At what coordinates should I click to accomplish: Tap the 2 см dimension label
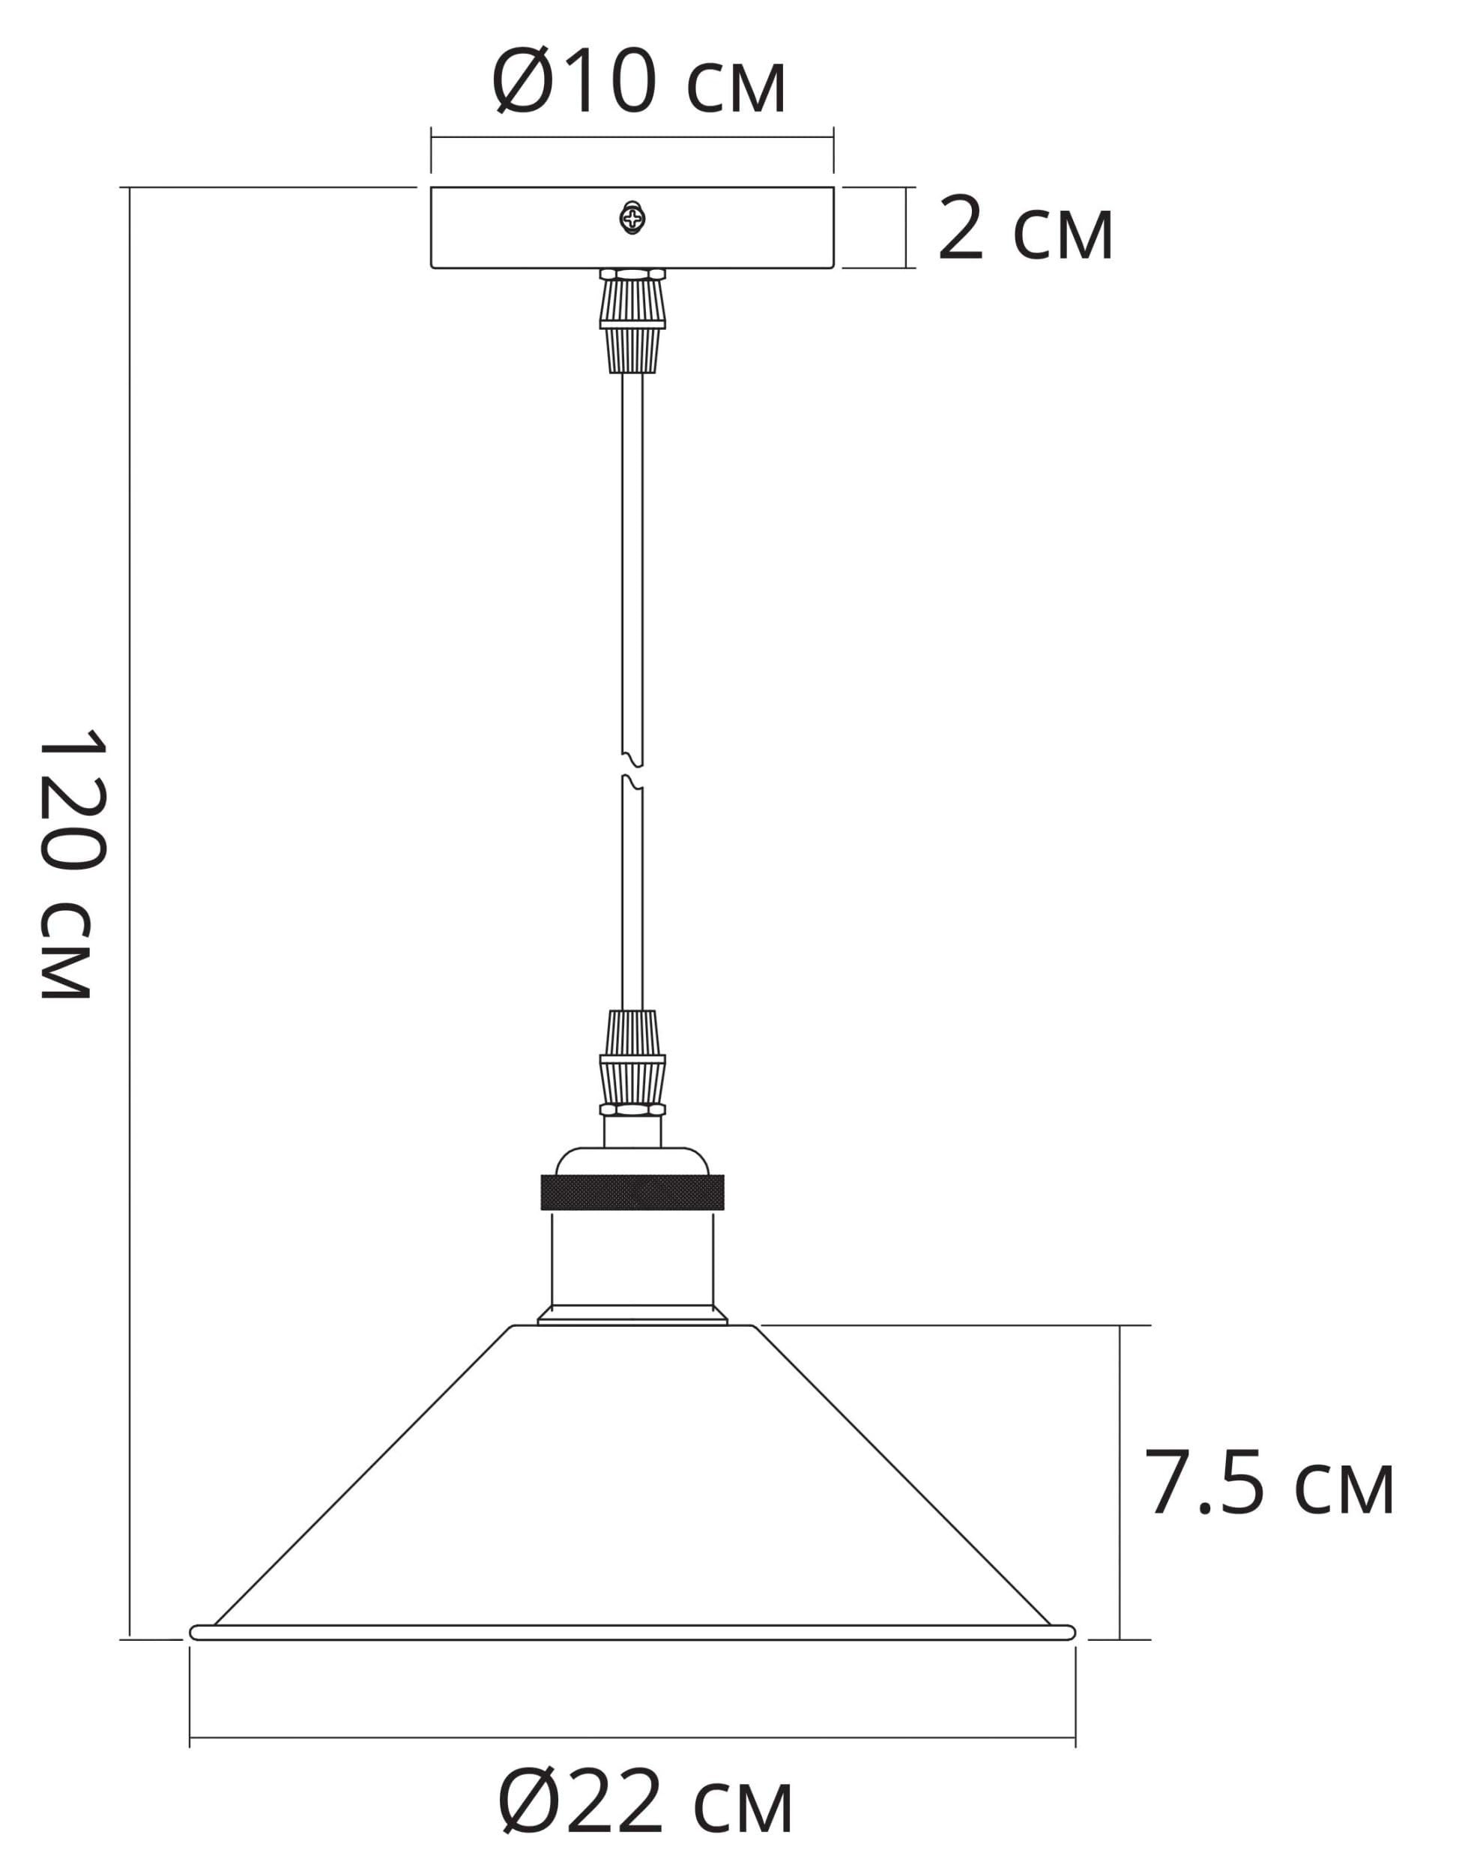pos(1026,228)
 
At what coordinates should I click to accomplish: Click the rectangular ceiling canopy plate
pos(632,227)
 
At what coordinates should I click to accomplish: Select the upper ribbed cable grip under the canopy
pos(632,321)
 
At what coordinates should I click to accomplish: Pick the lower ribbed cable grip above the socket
pos(632,1063)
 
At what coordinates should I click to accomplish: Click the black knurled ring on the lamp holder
pos(632,1193)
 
